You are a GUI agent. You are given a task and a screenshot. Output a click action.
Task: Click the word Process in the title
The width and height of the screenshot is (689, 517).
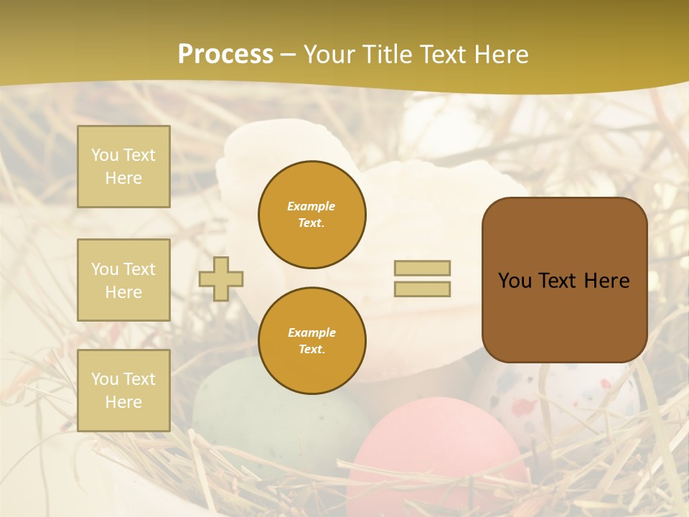225,55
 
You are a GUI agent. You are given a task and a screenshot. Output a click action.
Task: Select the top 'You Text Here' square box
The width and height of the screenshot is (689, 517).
123,167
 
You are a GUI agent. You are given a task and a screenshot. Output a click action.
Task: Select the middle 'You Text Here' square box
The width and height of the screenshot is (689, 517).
123,280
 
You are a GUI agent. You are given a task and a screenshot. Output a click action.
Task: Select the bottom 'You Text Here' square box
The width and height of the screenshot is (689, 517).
123,390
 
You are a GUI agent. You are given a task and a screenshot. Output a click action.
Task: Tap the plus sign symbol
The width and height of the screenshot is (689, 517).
221,279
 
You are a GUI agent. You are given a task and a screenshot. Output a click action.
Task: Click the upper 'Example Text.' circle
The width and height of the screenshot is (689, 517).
311,214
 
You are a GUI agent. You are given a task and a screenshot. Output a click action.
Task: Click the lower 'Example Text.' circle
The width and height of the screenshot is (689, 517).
311,340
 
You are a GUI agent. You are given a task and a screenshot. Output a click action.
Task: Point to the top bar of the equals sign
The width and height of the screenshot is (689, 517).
422,268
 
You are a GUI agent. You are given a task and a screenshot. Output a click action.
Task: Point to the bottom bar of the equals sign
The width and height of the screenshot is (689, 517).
422,289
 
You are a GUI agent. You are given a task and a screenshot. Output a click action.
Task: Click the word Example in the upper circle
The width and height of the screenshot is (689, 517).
311,206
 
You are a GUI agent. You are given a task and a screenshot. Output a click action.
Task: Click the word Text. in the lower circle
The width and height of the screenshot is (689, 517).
311,349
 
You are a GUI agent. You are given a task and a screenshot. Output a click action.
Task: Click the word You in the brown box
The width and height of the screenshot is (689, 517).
515,281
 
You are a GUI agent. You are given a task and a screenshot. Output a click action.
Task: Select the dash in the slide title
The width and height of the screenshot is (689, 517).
289,55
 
